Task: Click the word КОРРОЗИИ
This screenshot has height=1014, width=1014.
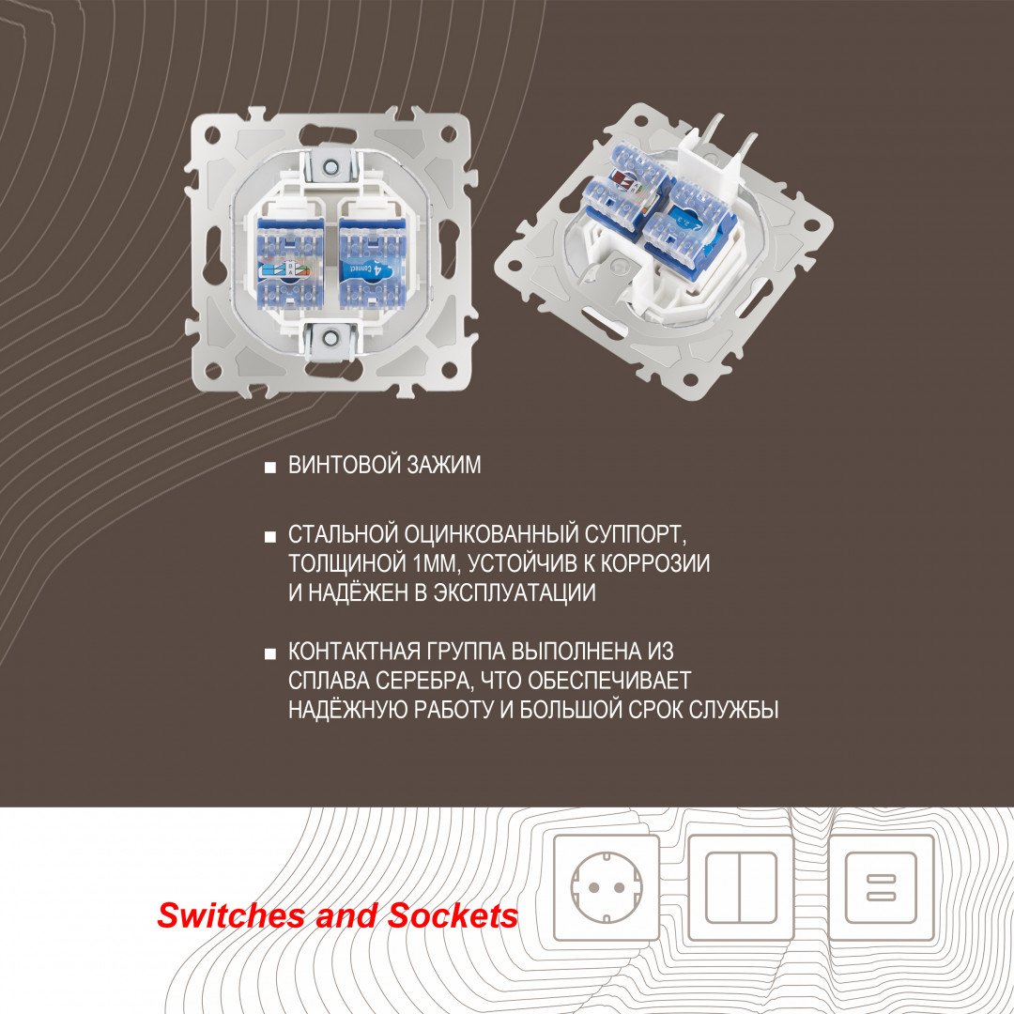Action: click(x=655, y=564)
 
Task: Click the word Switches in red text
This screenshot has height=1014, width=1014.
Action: click(x=234, y=915)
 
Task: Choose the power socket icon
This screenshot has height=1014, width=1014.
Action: click(x=607, y=887)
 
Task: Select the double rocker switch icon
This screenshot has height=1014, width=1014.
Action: click(x=741, y=887)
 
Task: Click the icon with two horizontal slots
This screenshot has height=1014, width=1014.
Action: click(x=881, y=887)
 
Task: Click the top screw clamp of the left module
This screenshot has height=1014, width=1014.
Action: click(x=330, y=166)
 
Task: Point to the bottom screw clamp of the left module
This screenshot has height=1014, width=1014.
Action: click(x=330, y=338)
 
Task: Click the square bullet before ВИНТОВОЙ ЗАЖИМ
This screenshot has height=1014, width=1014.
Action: click(x=270, y=467)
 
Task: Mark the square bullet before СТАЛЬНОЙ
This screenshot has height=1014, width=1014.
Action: click(x=270, y=537)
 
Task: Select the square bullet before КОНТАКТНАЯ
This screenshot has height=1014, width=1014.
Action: click(x=270, y=653)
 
